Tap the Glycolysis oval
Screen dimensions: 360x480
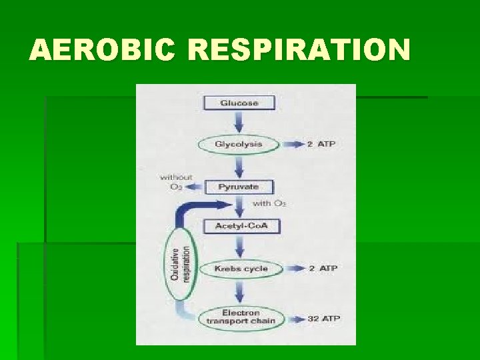[x=239, y=144]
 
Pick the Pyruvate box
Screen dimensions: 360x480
[x=239, y=187]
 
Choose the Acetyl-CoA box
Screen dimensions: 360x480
[x=241, y=227]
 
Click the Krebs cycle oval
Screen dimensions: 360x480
[x=241, y=269]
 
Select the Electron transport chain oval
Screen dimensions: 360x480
[x=241, y=317]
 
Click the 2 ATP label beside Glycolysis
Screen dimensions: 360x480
[x=321, y=144]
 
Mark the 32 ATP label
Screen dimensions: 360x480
[x=323, y=319]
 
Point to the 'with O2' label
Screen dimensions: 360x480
[x=269, y=203]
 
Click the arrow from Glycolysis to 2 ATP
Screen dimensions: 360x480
[x=291, y=144]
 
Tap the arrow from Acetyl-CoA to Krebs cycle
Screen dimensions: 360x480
[x=239, y=247]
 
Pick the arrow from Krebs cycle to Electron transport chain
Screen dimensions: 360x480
[x=239, y=291]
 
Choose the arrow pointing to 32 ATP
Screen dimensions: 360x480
[x=293, y=319]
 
